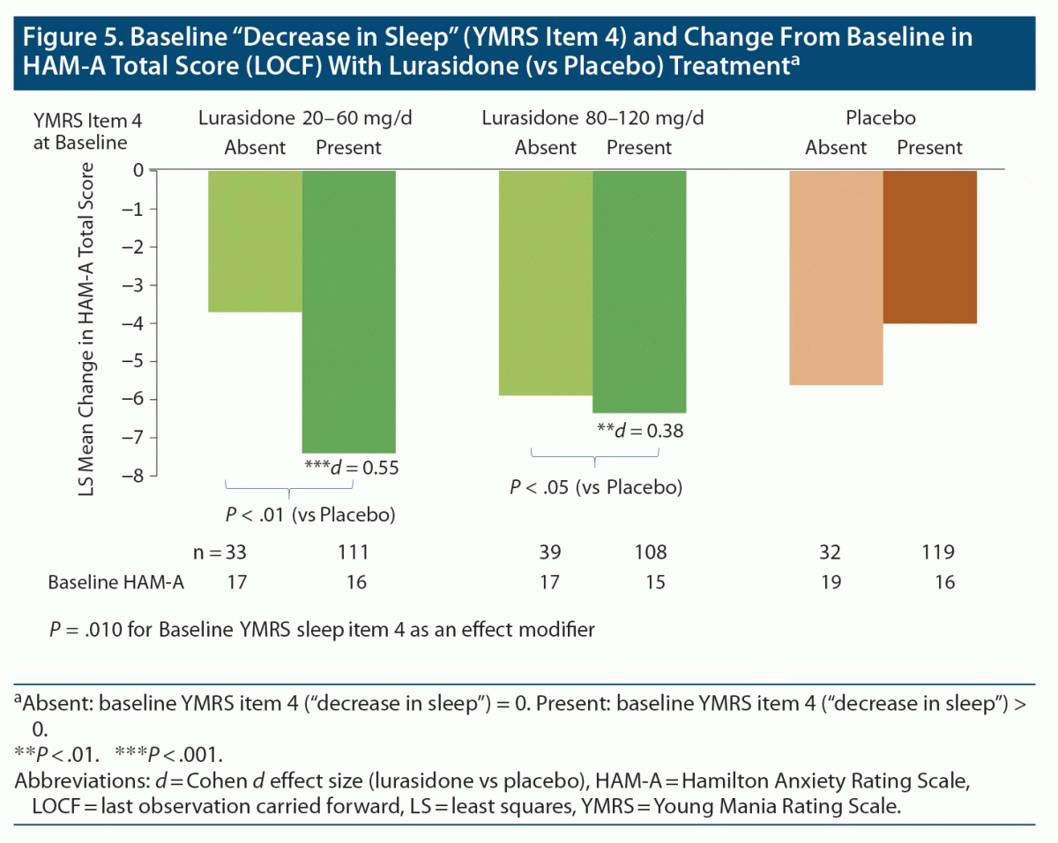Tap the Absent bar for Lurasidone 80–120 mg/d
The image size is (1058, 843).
coord(546,283)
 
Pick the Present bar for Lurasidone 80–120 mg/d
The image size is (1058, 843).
coord(639,291)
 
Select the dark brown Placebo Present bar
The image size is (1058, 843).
coord(929,247)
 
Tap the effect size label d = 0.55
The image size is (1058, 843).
coord(350,468)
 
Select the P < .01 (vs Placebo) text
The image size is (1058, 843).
coord(307,514)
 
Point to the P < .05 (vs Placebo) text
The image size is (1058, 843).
coord(597,487)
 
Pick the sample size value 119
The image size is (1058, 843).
coord(935,553)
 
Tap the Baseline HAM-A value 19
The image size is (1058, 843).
coord(831,582)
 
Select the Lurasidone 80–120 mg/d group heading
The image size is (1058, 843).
coord(593,118)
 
